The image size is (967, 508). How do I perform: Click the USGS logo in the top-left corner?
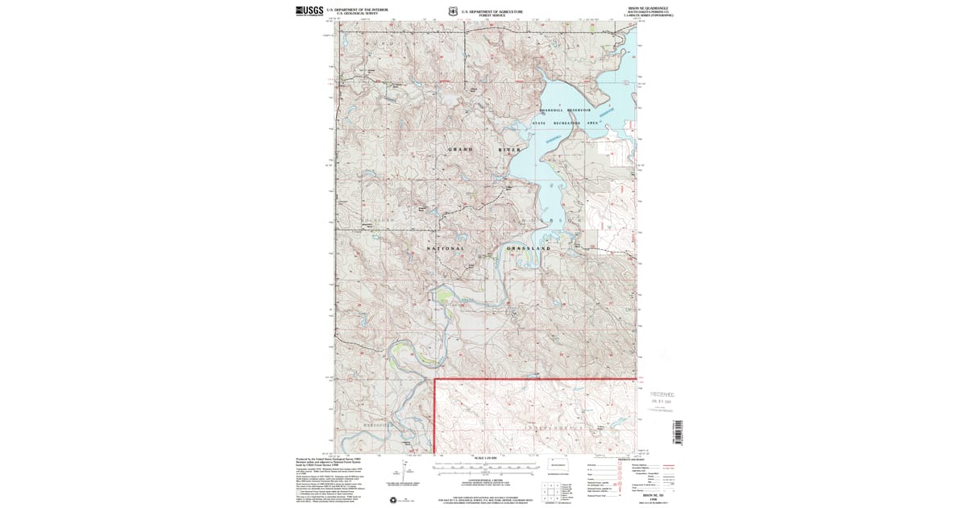click(x=309, y=11)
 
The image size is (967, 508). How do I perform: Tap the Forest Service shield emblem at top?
click(x=453, y=11)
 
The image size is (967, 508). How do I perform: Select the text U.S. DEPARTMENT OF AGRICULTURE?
click(x=492, y=11)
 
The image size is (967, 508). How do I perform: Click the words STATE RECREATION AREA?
click(x=571, y=123)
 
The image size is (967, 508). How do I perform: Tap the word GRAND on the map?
click(x=460, y=150)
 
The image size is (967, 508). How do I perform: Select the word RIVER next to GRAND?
click(x=509, y=150)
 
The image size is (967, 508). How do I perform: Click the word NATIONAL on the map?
click(x=445, y=248)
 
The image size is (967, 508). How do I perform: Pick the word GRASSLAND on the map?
click(x=529, y=248)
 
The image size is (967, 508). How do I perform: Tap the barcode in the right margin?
click(x=677, y=432)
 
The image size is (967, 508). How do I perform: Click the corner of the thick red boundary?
click(x=435, y=378)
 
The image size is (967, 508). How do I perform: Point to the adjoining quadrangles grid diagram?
click(x=550, y=490)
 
